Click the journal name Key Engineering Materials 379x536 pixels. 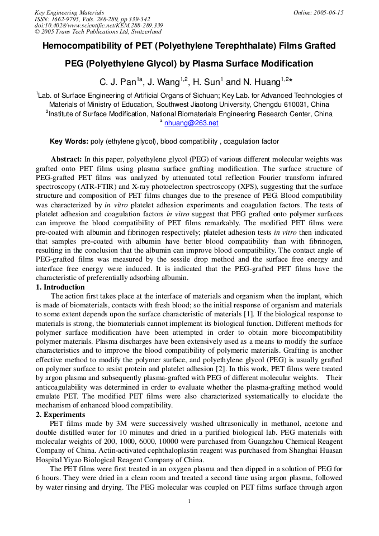point(69,12)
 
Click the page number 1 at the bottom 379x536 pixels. point(189,501)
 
